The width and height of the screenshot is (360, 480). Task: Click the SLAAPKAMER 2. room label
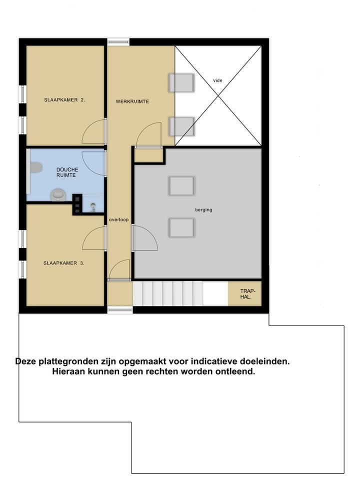pos(64,99)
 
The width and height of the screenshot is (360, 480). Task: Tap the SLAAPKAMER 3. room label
pos(63,262)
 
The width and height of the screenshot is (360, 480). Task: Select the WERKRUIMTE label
pos(132,101)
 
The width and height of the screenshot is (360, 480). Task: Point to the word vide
pos(217,80)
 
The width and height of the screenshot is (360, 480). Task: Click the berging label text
pos(203,210)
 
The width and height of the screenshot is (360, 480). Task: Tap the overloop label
pos(119,219)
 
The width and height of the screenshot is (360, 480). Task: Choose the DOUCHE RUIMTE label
pos(66,172)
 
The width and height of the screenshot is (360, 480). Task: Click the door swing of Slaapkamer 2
pos(94,132)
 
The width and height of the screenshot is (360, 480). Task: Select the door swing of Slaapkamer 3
pos(94,238)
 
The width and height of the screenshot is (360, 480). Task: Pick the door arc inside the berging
pos(145,239)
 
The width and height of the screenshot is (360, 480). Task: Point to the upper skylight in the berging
pos(181,186)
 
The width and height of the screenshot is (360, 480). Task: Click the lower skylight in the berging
pos(181,227)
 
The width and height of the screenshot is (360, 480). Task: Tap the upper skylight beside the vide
pos(181,83)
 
